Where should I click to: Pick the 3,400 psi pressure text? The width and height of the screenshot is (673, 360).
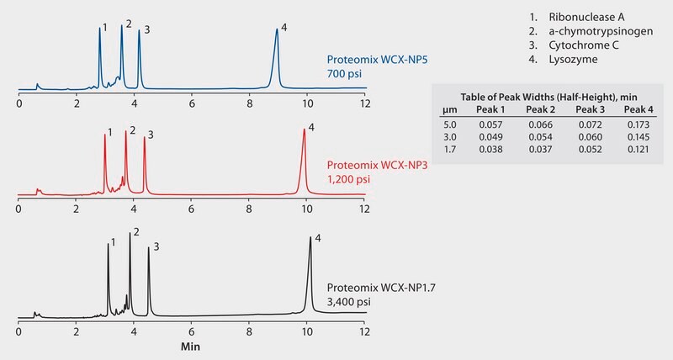pyautogui.click(x=350, y=300)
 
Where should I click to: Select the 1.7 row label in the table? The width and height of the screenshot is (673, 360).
pyautogui.click(x=450, y=150)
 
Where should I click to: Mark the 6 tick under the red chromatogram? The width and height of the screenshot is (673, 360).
pyautogui.click(x=192, y=209)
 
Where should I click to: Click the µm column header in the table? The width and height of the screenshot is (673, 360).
pyautogui.click(x=450, y=109)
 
